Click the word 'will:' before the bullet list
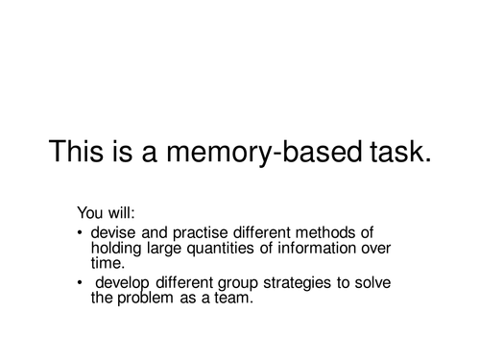tap(119, 212)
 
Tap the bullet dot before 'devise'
tap(79, 233)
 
